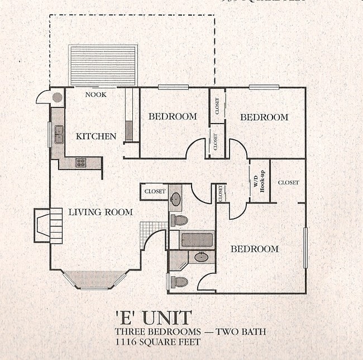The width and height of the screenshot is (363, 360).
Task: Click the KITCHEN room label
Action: pos(96,136)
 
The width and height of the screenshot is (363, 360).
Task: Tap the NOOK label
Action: pos(95,94)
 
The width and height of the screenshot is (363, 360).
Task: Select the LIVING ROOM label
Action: pos(101,212)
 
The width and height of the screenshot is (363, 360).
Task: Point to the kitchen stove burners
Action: pos(81,163)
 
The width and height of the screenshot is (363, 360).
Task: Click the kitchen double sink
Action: pos(58,135)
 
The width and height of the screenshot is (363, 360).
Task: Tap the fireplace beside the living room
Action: pos(47,225)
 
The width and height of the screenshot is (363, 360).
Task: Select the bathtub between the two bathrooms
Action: pos(197,240)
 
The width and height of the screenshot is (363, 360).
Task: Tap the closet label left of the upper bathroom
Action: pos(155,191)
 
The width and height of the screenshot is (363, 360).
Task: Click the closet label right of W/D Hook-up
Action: pos(288,182)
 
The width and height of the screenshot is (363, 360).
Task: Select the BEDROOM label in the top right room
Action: pos(264,117)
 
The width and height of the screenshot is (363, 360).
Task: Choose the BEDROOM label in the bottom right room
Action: pos(254,249)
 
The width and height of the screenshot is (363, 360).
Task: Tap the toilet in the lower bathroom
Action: pos(179,282)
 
